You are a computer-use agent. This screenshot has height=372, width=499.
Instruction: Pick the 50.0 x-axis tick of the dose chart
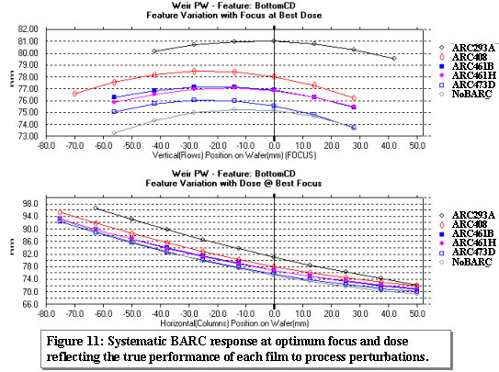[x=417, y=313]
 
